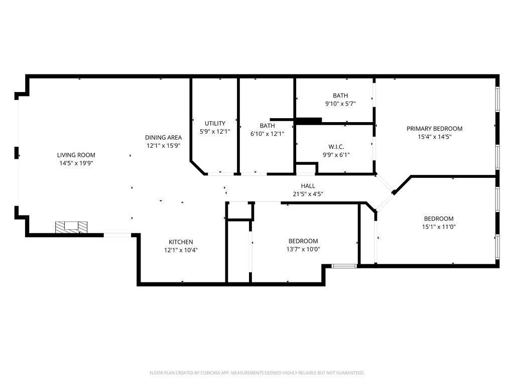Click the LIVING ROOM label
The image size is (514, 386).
pyautogui.click(x=76, y=155)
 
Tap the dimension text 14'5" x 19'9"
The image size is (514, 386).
pyautogui.click(x=76, y=163)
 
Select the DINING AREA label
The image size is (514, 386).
pyautogui.click(x=163, y=138)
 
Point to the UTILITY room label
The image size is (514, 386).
pyautogui.click(x=215, y=124)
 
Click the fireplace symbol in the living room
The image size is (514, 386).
pyautogui.click(x=71, y=227)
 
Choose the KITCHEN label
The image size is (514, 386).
pyautogui.click(x=181, y=242)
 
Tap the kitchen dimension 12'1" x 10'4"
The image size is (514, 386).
pyautogui.click(x=181, y=250)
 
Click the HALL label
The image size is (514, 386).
pyautogui.click(x=308, y=186)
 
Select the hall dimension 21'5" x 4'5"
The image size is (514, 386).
pyautogui.click(x=308, y=194)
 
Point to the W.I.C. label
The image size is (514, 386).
pyautogui.click(x=336, y=147)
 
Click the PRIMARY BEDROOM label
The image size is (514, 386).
pyautogui.click(x=434, y=129)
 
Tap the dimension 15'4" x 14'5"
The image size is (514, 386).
pyautogui.click(x=435, y=137)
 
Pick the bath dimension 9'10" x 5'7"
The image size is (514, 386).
pyautogui.click(x=340, y=104)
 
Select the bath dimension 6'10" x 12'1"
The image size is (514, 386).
pyautogui.click(x=267, y=134)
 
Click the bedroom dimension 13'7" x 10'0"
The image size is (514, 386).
pyautogui.click(x=303, y=249)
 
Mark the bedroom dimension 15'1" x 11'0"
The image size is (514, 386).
pyautogui.click(x=439, y=227)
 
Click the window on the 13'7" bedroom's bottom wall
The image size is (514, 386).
pyautogui.click(x=344, y=266)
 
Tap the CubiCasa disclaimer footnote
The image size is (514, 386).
pyautogui.click(x=256, y=373)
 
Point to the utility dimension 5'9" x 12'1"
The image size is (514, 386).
pyautogui.click(x=215, y=132)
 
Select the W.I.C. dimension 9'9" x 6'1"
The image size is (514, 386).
pyautogui.click(x=336, y=155)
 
